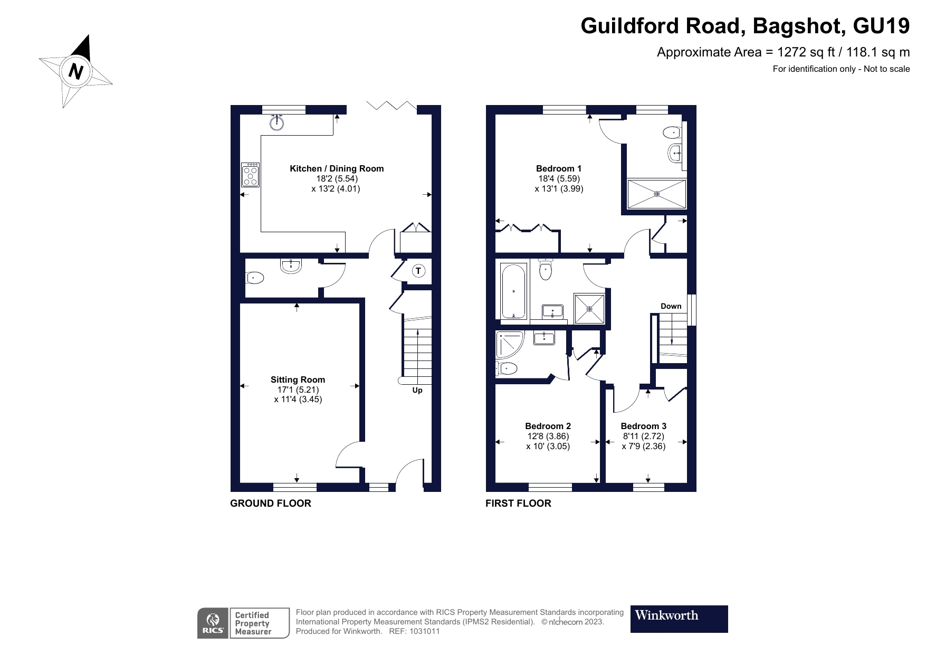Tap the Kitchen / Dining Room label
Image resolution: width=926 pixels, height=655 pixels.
[x=337, y=169]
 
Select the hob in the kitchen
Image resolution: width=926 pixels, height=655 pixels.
[x=251, y=175]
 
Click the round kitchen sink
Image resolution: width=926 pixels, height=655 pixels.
[x=277, y=123]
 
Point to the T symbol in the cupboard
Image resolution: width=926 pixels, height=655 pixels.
[x=418, y=271]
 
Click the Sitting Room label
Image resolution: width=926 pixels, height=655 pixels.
[x=298, y=379]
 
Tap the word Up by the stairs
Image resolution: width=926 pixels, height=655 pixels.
[x=417, y=391]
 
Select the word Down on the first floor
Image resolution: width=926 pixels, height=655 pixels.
[x=671, y=306]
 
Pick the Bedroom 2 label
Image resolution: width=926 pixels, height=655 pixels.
[x=548, y=426]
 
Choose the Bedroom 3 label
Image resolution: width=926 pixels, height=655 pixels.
[x=643, y=426]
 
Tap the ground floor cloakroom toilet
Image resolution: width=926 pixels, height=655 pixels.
[x=255, y=277]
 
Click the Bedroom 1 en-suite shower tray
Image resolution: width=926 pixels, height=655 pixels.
[x=656, y=194]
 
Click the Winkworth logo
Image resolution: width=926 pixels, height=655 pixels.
[x=679, y=619]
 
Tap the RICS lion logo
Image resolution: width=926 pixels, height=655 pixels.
[x=213, y=623]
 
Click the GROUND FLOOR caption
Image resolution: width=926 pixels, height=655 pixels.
[x=271, y=504]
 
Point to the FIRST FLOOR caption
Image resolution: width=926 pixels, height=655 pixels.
[x=518, y=504]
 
